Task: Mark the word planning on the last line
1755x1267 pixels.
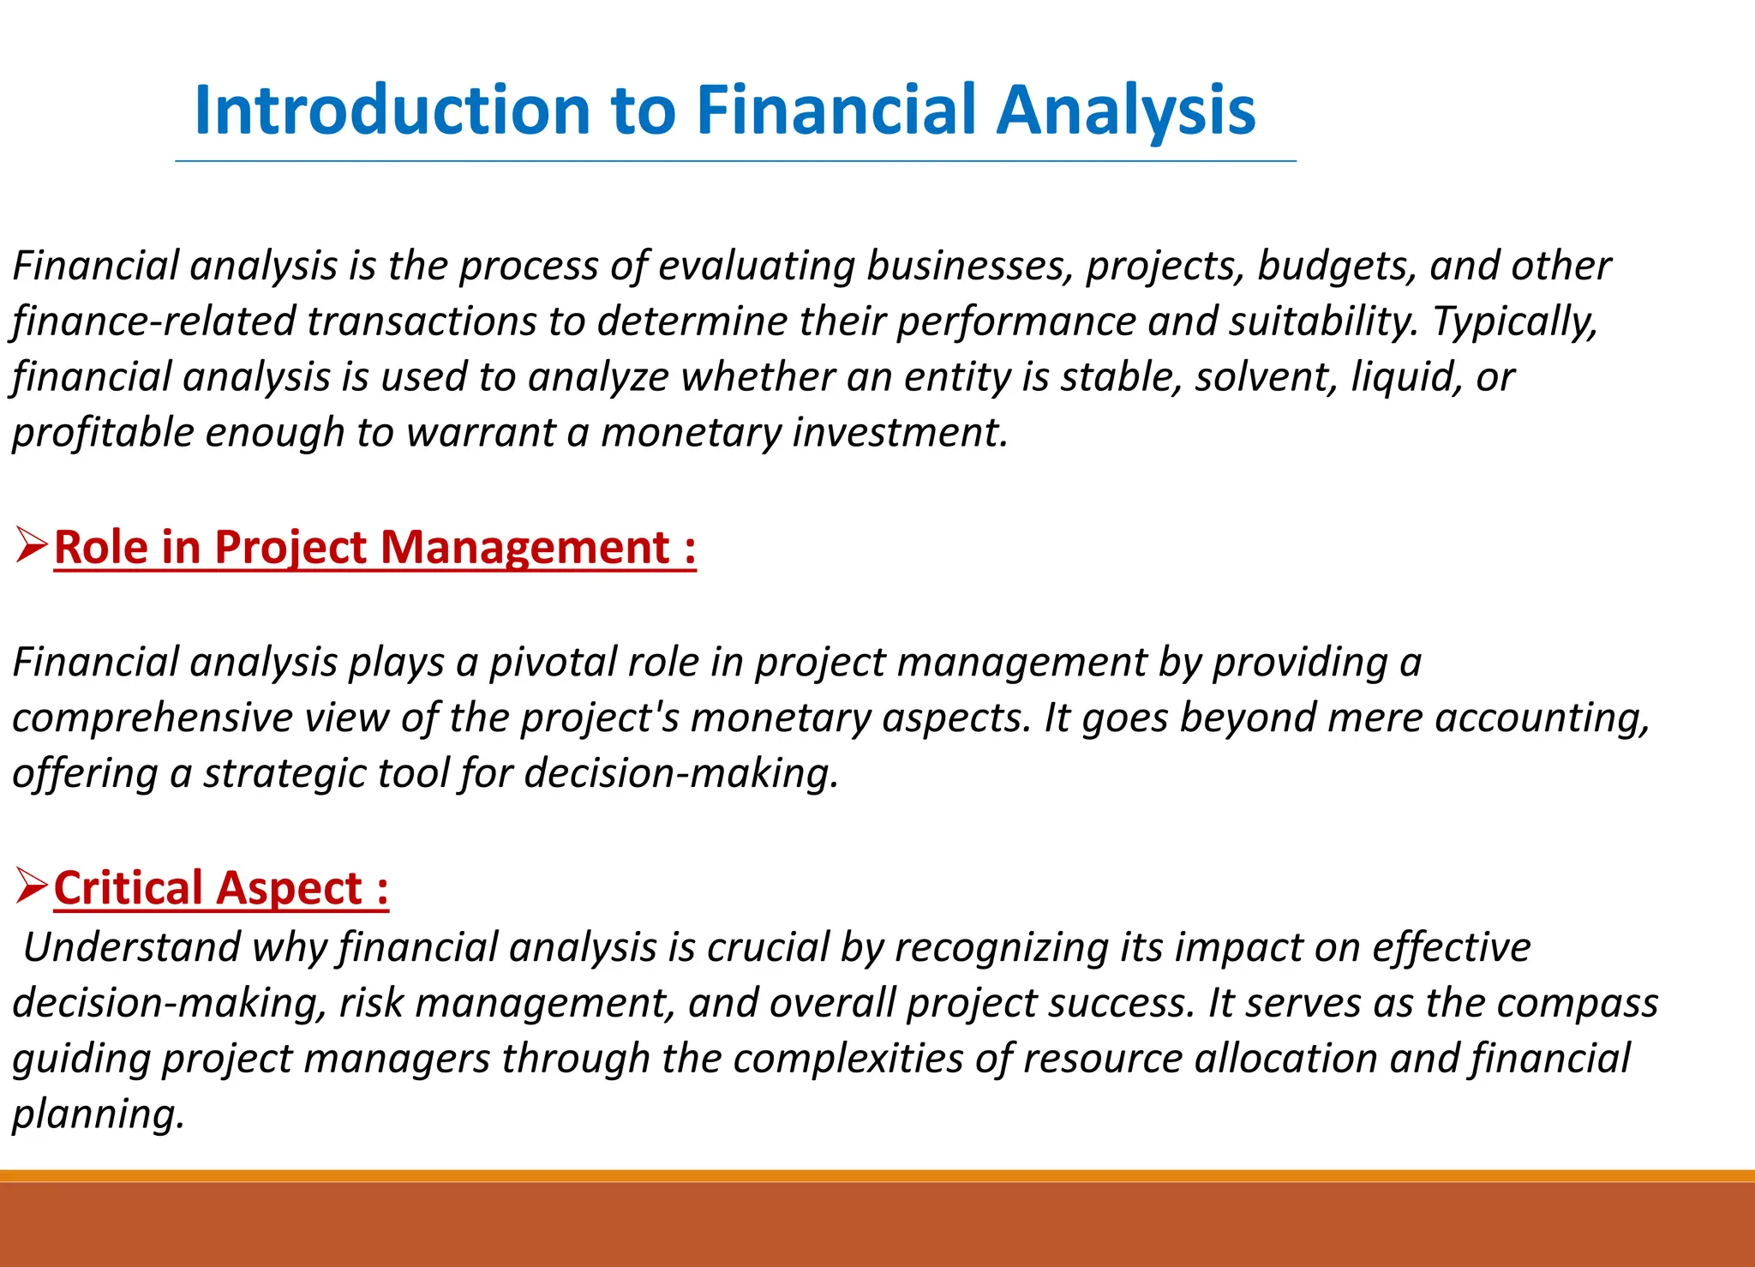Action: point(97,1114)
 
